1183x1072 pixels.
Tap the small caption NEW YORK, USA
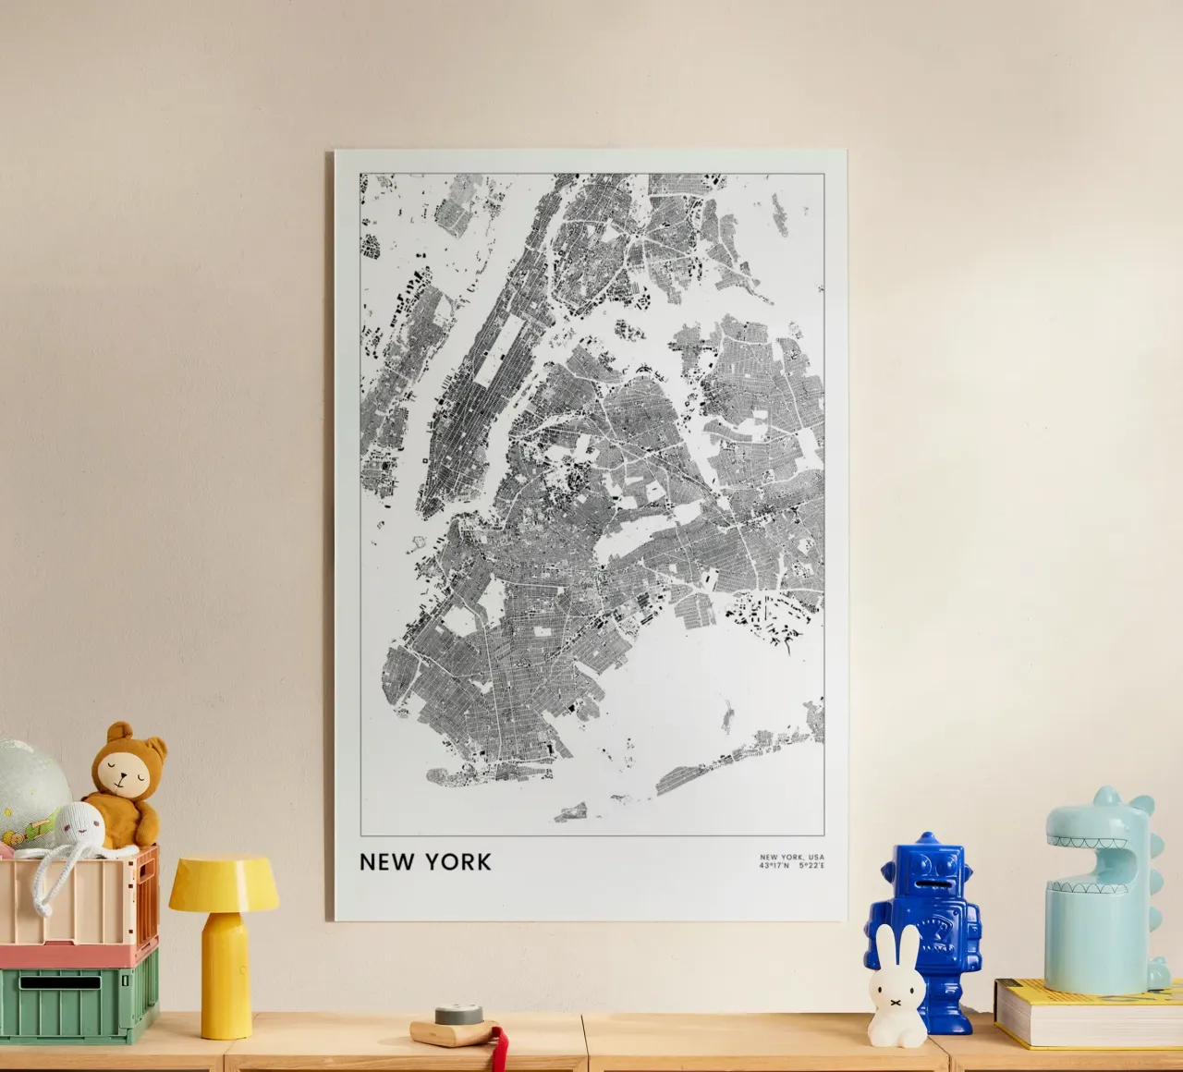click(791, 858)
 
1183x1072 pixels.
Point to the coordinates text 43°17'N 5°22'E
click(791, 866)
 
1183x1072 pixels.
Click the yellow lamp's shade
click(223, 883)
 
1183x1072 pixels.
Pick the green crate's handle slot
click(60, 981)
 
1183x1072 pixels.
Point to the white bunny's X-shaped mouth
click(895, 1000)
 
